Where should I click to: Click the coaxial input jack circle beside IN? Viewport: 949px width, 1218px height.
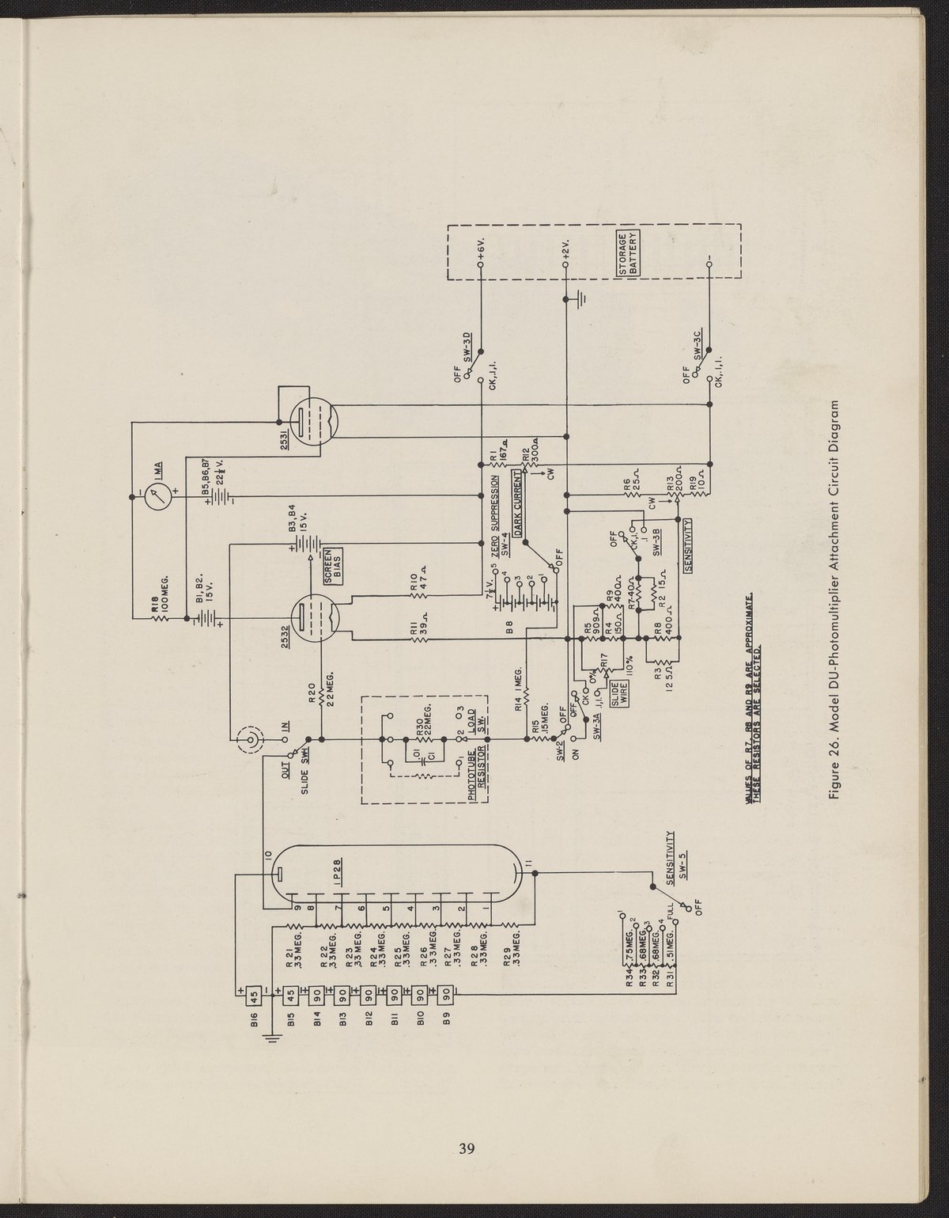coord(250,741)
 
